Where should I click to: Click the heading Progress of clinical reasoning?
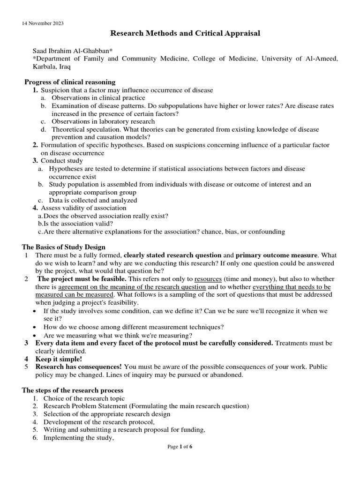tap(70, 82)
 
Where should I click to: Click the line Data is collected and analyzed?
tap(93, 200)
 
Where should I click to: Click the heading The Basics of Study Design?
tap(64, 247)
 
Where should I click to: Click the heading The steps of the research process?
tap(73, 390)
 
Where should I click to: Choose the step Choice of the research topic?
tap(84, 398)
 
